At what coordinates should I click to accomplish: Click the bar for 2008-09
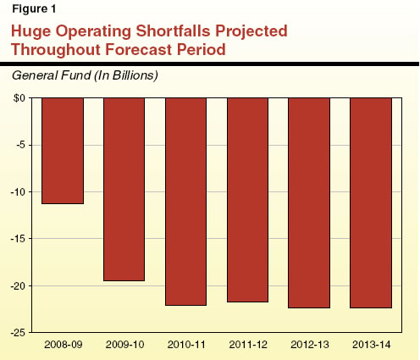coord(63,151)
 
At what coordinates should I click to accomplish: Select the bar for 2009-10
coord(124,189)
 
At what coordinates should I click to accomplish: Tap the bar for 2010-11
coord(186,202)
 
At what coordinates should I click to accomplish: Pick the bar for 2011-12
coord(247,200)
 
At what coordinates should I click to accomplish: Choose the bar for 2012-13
coord(309,202)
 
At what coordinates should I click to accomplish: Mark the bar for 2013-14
coord(371,202)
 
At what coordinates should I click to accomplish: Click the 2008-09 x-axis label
coord(63,346)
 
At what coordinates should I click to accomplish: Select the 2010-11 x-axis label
coord(186,346)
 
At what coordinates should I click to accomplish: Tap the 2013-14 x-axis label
coord(371,346)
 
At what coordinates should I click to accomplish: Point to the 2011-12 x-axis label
coord(247,346)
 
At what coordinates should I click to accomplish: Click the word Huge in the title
coord(34,32)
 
